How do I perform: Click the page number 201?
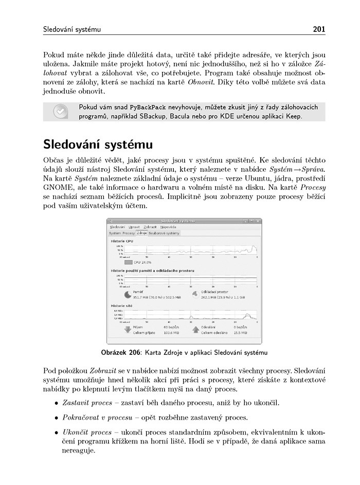click(318, 29)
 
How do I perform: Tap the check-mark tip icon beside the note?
click(60, 112)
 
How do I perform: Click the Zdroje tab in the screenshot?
click(141, 233)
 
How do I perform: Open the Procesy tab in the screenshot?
click(129, 233)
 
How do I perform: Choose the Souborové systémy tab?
click(164, 233)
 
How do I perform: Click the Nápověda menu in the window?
click(168, 227)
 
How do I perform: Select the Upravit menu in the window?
click(134, 227)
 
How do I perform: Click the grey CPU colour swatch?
click(128, 262)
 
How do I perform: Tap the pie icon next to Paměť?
click(128, 294)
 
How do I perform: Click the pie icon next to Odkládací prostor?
click(195, 294)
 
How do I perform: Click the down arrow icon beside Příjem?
click(128, 329)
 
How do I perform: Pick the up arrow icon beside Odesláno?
click(195, 329)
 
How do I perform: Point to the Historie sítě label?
click(122, 306)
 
